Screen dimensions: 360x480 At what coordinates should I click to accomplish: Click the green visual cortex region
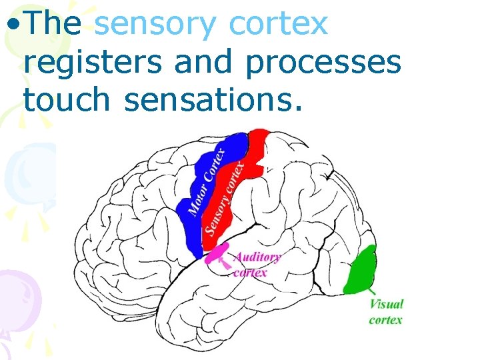(361, 270)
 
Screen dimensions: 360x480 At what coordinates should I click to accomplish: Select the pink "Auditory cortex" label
(256, 264)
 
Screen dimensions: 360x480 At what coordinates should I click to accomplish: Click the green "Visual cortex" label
(386, 311)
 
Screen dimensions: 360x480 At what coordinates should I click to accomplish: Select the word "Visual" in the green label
(387, 304)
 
